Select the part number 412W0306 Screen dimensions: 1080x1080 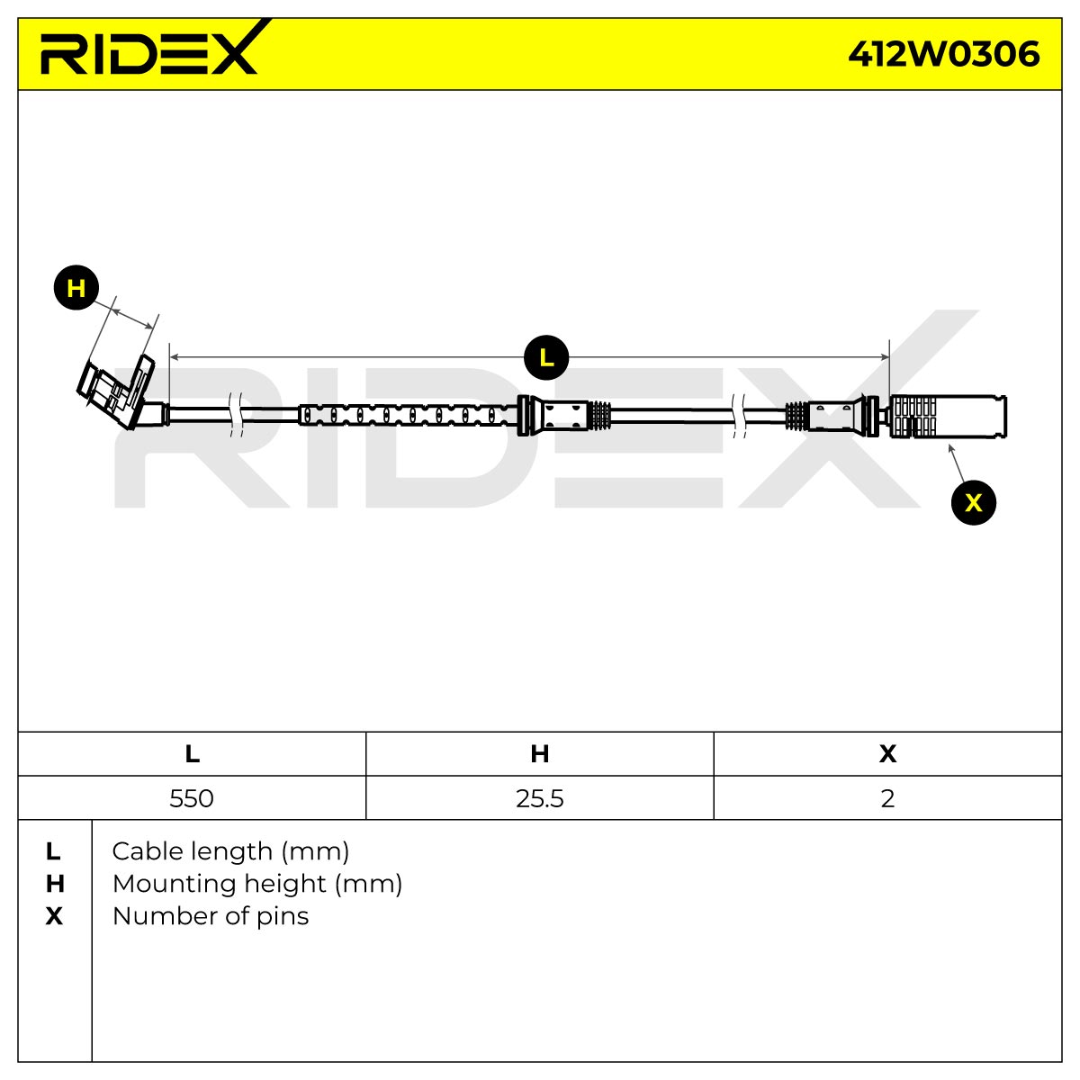tap(944, 54)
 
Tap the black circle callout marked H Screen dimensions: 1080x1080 tap(76, 287)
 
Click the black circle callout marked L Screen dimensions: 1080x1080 tap(546, 357)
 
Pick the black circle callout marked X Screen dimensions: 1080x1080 tap(974, 502)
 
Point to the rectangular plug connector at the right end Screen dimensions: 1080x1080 tap(948, 416)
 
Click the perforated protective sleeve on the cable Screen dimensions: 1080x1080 tap(408, 415)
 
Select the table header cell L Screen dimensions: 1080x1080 tap(193, 754)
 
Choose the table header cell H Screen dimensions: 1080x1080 tap(540, 754)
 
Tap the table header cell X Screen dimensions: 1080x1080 tap(887, 754)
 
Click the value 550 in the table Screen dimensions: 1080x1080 tap(192, 798)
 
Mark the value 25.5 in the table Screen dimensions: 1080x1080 tap(540, 798)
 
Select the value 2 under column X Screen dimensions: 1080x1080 tap(887, 798)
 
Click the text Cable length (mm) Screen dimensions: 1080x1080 tap(231, 851)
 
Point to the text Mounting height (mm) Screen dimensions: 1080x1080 tap(257, 884)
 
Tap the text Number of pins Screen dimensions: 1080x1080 tap(211, 916)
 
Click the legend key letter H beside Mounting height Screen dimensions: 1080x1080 tap(54, 884)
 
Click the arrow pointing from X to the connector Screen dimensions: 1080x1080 tap(956, 463)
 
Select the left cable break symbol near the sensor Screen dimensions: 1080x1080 tap(236, 414)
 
